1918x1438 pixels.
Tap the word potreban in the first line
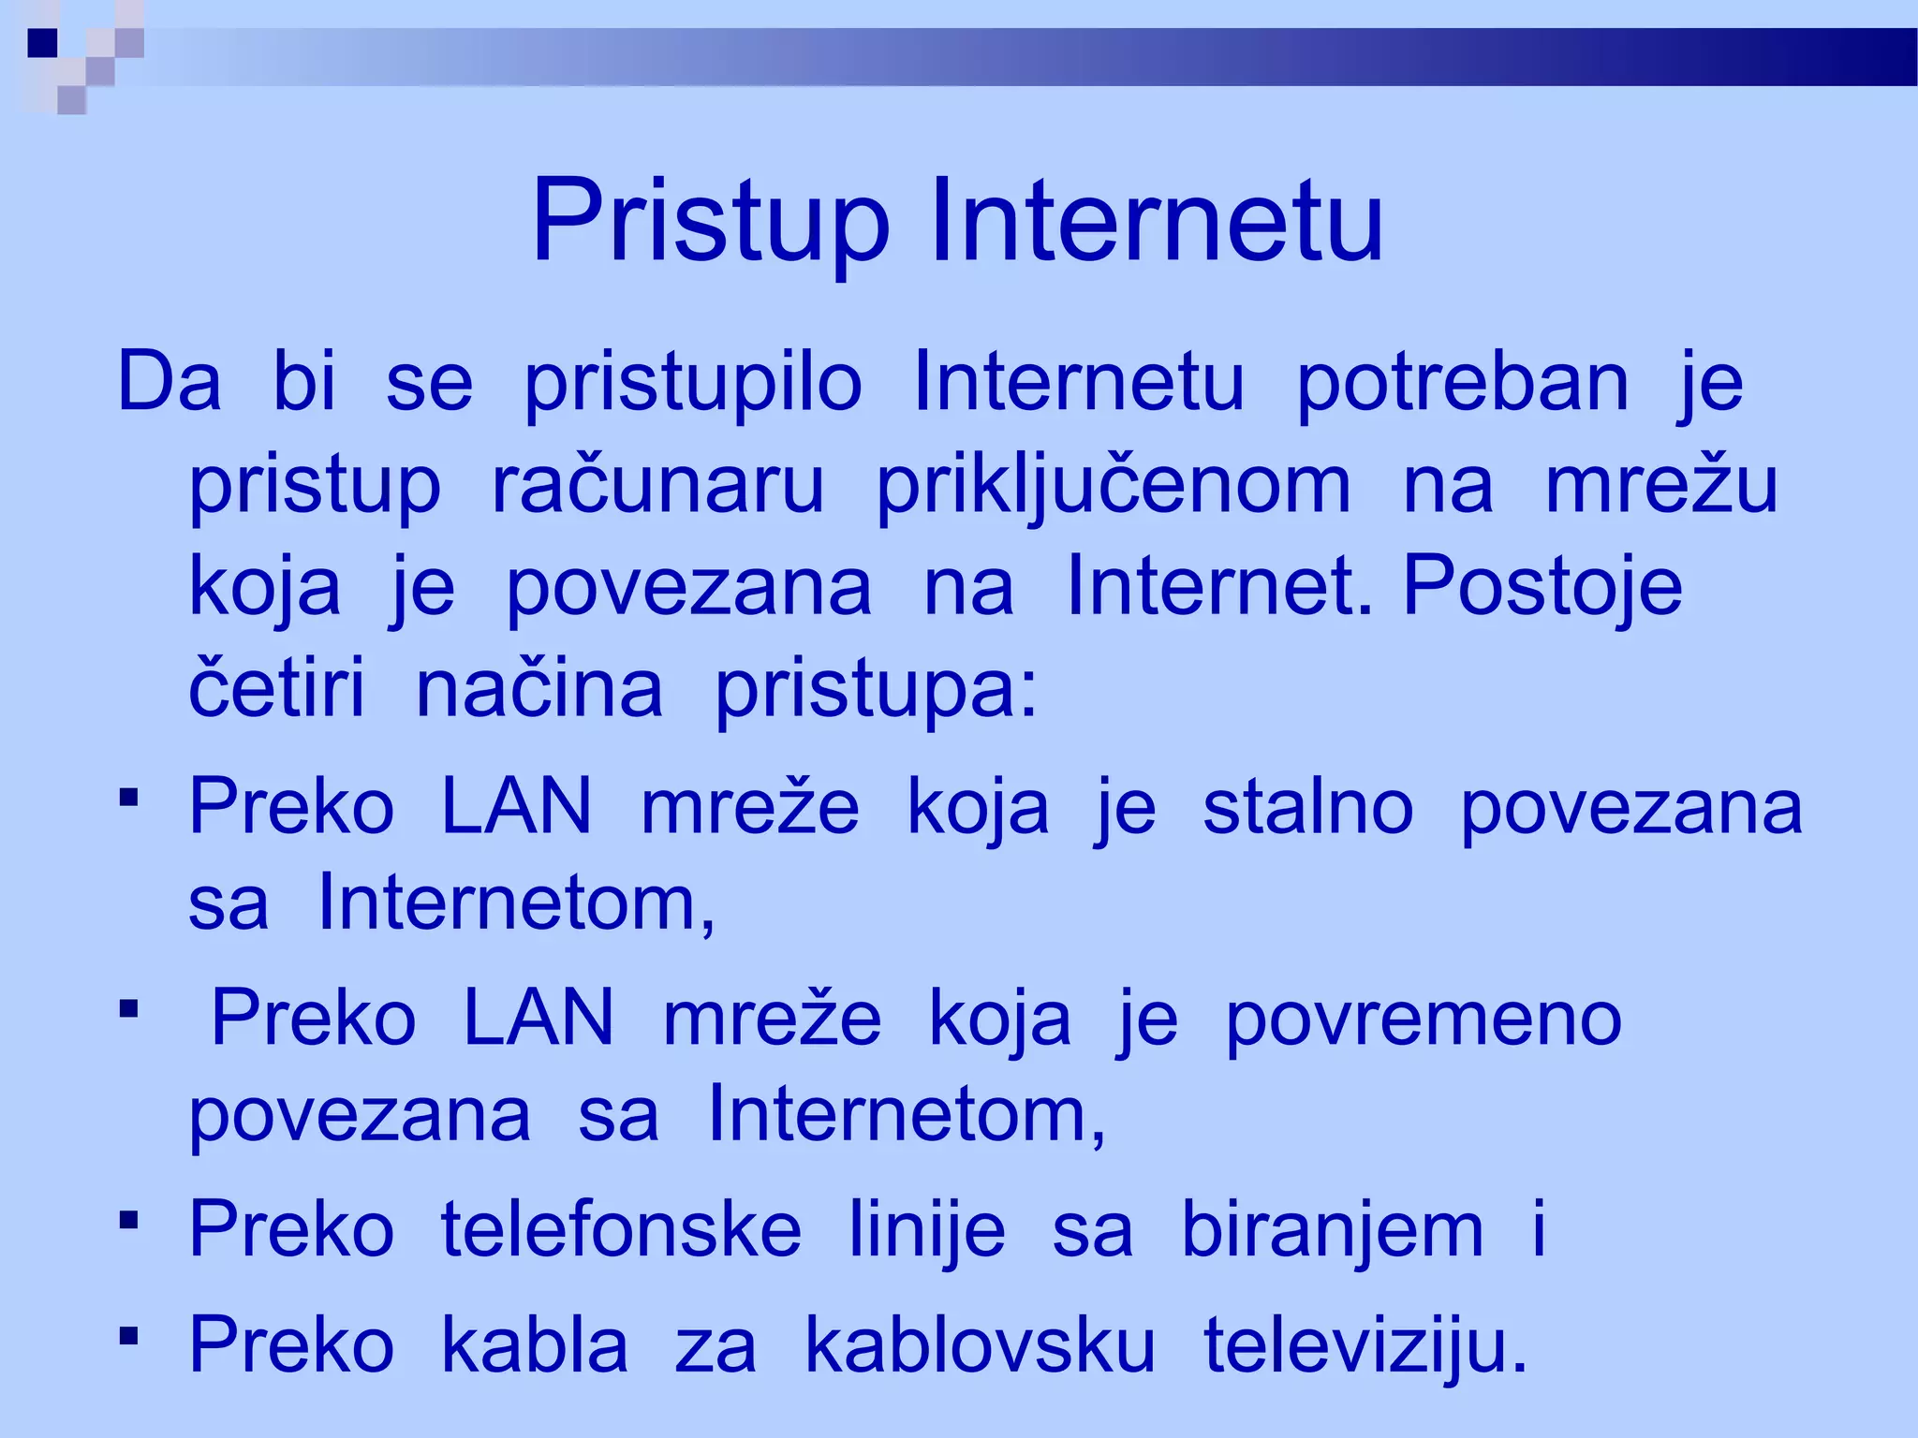(x=1462, y=384)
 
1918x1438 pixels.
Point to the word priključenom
(x=1114, y=487)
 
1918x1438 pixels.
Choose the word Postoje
(x=1542, y=588)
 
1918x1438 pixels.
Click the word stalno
(x=1307, y=807)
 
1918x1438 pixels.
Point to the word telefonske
(x=621, y=1230)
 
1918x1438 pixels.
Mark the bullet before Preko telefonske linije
(x=129, y=1219)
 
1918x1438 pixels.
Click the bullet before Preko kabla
(x=129, y=1334)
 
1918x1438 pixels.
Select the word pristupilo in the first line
(x=692, y=384)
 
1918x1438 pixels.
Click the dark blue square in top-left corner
(x=42, y=42)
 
